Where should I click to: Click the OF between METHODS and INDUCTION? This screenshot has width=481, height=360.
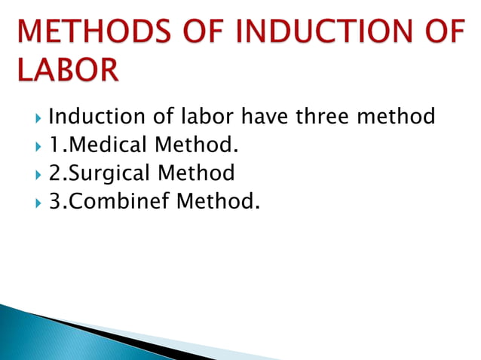click(x=198, y=32)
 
